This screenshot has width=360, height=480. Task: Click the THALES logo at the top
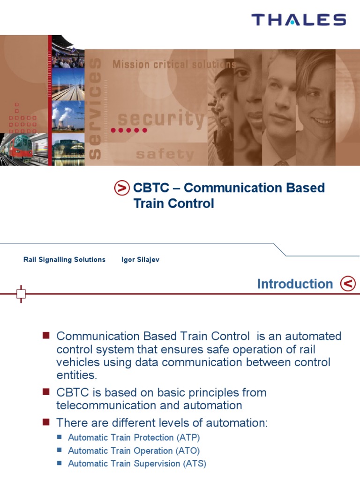[x=299, y=20]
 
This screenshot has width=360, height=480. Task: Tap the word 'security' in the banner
[x=161, y=120]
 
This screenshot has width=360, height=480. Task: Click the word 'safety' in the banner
[x=165, y=154]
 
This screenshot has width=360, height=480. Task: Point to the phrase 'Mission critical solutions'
[x=174, y=64]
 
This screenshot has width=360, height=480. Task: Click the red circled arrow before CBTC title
[x=122, y=188]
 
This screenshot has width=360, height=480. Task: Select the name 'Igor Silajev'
[x=140, y=260]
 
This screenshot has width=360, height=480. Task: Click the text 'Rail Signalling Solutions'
[x=64, y=260]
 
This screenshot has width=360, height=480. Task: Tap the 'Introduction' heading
[x=295, y=284]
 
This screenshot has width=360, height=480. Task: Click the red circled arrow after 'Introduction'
[x=348, y=284]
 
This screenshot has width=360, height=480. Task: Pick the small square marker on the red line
[x=21, y=294]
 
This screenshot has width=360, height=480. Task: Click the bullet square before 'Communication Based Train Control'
[x=46, y=335]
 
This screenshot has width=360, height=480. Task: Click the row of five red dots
[x=129, y=130]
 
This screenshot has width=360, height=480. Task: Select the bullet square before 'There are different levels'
[x=46, y=422]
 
